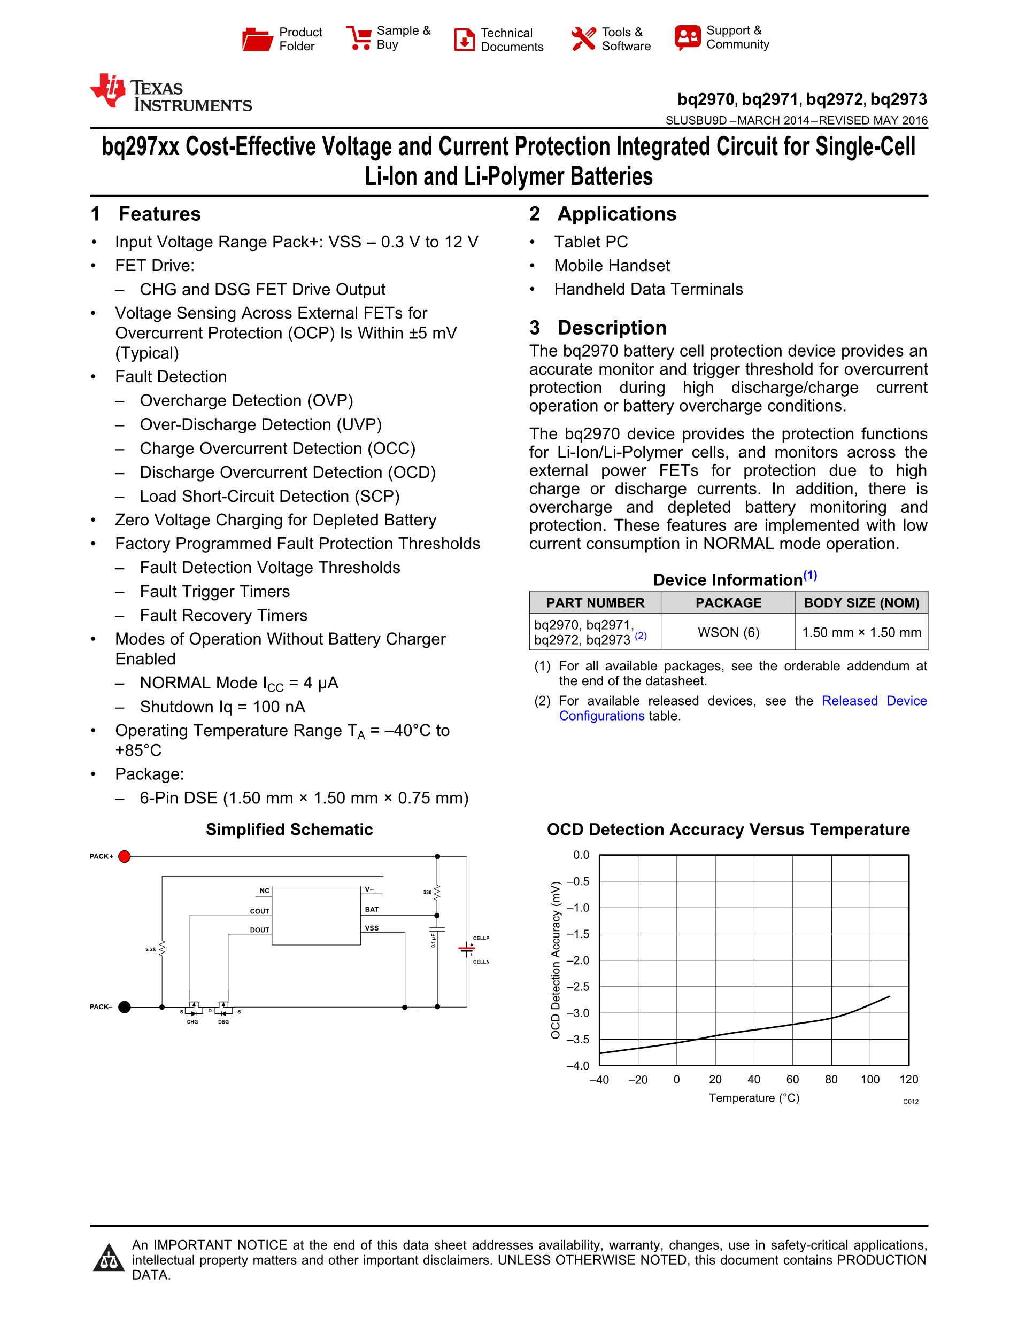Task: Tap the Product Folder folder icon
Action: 258,39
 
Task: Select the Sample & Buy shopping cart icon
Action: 358,37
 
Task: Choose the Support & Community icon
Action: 688,37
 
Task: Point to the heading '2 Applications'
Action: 603,214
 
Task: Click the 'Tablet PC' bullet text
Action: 590,242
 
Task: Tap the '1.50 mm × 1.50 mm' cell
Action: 861,632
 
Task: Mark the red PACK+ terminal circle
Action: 124,856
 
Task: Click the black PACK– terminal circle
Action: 124,1007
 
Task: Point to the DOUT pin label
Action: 259,931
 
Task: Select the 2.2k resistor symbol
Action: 161,949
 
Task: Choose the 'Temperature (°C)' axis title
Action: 754,1098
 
